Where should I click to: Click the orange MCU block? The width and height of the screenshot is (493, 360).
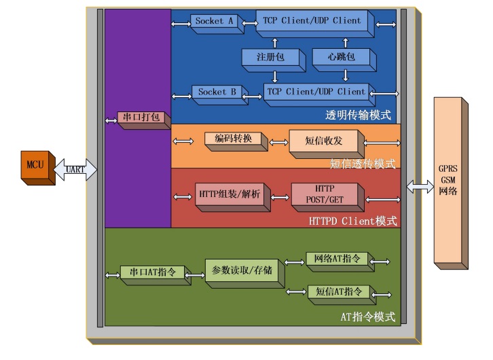(x=38, y=168)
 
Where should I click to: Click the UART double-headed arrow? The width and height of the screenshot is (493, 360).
(x=75, y=169)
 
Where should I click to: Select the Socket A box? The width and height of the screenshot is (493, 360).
(x=217, y=24)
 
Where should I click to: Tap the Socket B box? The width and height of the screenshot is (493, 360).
(x=220, y=95)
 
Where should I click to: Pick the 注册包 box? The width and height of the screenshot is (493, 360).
(x=274, y=60)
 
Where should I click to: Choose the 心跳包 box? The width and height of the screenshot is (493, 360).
(x=344, y=60)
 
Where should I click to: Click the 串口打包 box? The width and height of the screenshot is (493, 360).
(x=144, y=120)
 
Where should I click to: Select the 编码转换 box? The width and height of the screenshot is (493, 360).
(x=236, y=141)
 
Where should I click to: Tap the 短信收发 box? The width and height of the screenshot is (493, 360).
(x=327, y=144)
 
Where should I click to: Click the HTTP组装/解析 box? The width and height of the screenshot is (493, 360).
(x=233, y=197)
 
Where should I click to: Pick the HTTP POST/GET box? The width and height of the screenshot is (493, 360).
(x=327, y=197)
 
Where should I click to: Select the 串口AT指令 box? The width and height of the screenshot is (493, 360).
(x=156, y=275)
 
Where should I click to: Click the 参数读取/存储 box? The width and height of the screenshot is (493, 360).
(x=245, y=274)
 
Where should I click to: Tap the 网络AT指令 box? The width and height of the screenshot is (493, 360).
(x=340, y=262)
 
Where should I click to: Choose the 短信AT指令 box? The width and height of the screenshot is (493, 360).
(x=342, y=295)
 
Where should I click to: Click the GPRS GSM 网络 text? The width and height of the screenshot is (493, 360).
(x=448, y=180)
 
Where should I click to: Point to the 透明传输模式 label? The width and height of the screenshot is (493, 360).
(x=358, y=115)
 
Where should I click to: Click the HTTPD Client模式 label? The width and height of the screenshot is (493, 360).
(x=352, y=221)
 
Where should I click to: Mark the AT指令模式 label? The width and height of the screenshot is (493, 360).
(x=368, y=317)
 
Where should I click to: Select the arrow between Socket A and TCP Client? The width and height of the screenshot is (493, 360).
(x=250, y=23)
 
